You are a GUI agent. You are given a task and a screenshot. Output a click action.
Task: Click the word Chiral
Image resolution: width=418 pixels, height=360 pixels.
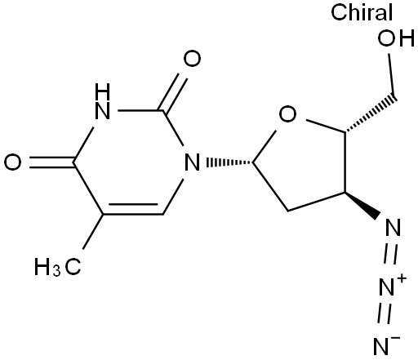pyautogui.click(x=362, y=12)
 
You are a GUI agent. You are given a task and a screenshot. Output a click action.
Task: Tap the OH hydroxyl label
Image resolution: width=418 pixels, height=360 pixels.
pyautogui.click(x=396, y=38)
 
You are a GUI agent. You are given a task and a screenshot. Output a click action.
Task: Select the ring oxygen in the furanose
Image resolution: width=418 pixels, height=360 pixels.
pyautogui.click(x=288, y=114)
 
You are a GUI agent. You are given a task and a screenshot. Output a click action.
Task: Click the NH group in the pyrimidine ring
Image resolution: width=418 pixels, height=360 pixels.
pyautogui.click(x=103, y=101)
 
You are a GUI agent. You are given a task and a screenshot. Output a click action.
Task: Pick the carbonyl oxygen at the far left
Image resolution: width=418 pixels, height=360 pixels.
pyautogui.click(x=12, y=162)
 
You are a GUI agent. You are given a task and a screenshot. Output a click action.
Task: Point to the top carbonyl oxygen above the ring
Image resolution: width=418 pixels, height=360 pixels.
pyautogui.click(x=192, y=59)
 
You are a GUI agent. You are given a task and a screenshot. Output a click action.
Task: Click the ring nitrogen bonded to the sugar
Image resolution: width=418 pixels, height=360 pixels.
pyautogui.click(x=192, y=162)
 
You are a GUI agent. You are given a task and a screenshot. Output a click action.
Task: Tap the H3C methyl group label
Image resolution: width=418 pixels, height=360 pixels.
pyautogui.click(x=57, y=267)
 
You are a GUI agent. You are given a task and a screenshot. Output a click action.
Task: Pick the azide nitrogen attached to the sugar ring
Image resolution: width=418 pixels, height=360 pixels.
pyautogui.click(x=394, y=227)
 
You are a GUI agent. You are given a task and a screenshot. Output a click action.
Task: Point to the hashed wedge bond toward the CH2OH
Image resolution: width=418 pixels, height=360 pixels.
pyautogui.click(x=371, y=113)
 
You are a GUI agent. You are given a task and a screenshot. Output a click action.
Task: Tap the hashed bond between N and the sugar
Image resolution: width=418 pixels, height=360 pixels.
pyautogui.click(x=229, y=162)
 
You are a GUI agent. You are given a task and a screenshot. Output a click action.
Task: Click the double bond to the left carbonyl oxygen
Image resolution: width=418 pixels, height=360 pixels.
pyautogui.click(x=51, y=162)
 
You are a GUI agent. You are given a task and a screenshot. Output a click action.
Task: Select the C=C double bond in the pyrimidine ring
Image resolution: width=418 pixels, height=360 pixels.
pyautogui.click(x=133, y=209)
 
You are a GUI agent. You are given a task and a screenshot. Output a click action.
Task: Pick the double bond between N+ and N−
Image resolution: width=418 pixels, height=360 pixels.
pyautogui.click(x=385, y=314)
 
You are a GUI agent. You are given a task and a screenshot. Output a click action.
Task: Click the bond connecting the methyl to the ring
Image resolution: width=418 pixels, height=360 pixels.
pyautogui.click(x=92, y=232)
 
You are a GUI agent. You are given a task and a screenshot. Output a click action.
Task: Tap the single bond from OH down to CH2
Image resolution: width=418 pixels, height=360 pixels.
pyautogui.click(x=392, y=74)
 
